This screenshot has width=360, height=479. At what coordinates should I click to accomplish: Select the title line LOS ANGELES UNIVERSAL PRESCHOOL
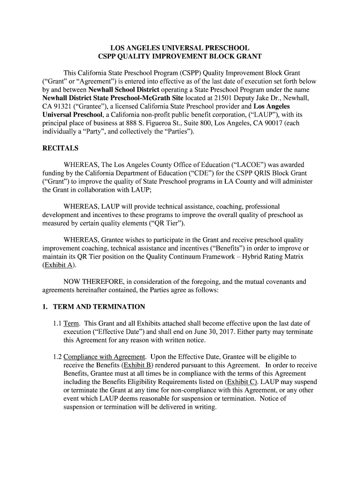[180, 48]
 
